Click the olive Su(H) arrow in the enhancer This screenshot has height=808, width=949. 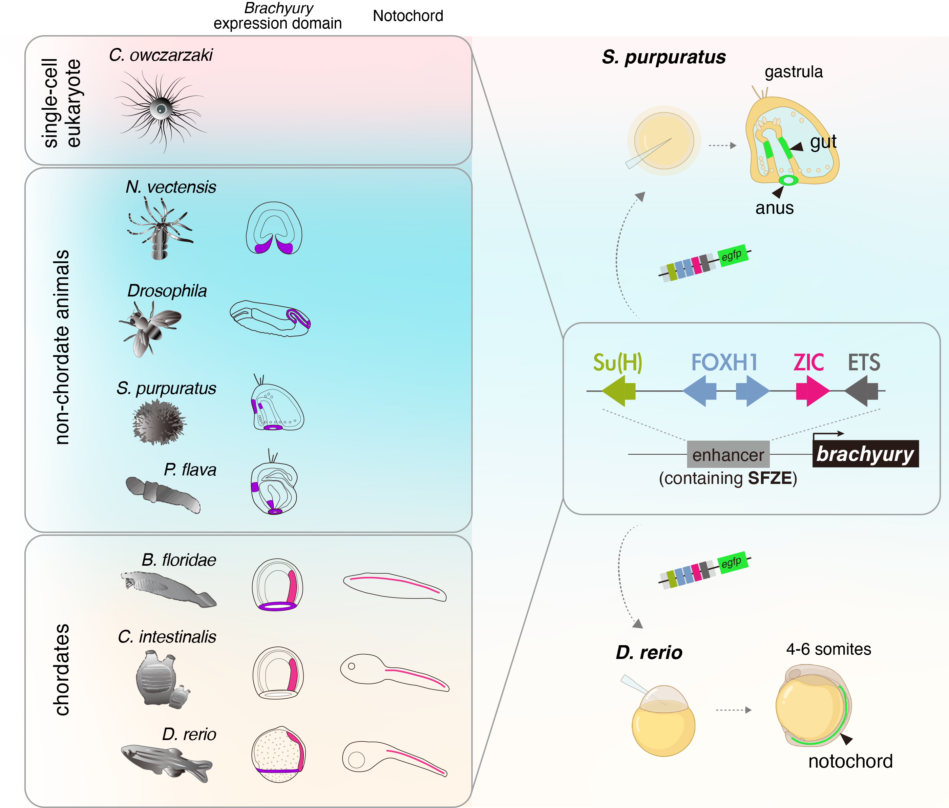click(619, 391)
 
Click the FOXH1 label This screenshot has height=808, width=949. click(724, 362)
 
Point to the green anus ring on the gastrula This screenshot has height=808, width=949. click(788, 181)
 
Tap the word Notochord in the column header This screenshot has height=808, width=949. click(408, 16)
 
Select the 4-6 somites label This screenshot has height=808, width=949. click(828, 649)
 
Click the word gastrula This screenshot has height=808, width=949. click(793, 72)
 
